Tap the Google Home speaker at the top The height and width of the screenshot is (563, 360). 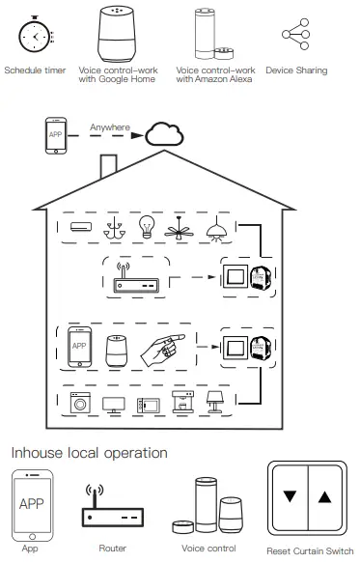pyautogui.click(x=118, y=35)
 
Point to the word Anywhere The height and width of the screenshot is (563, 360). pyautogui.click(x=109, y=127)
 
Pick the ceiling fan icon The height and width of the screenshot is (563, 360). pyautogui.click(x=180, y=228)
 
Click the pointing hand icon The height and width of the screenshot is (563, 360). pyautogui.click(x=160, y=349)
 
